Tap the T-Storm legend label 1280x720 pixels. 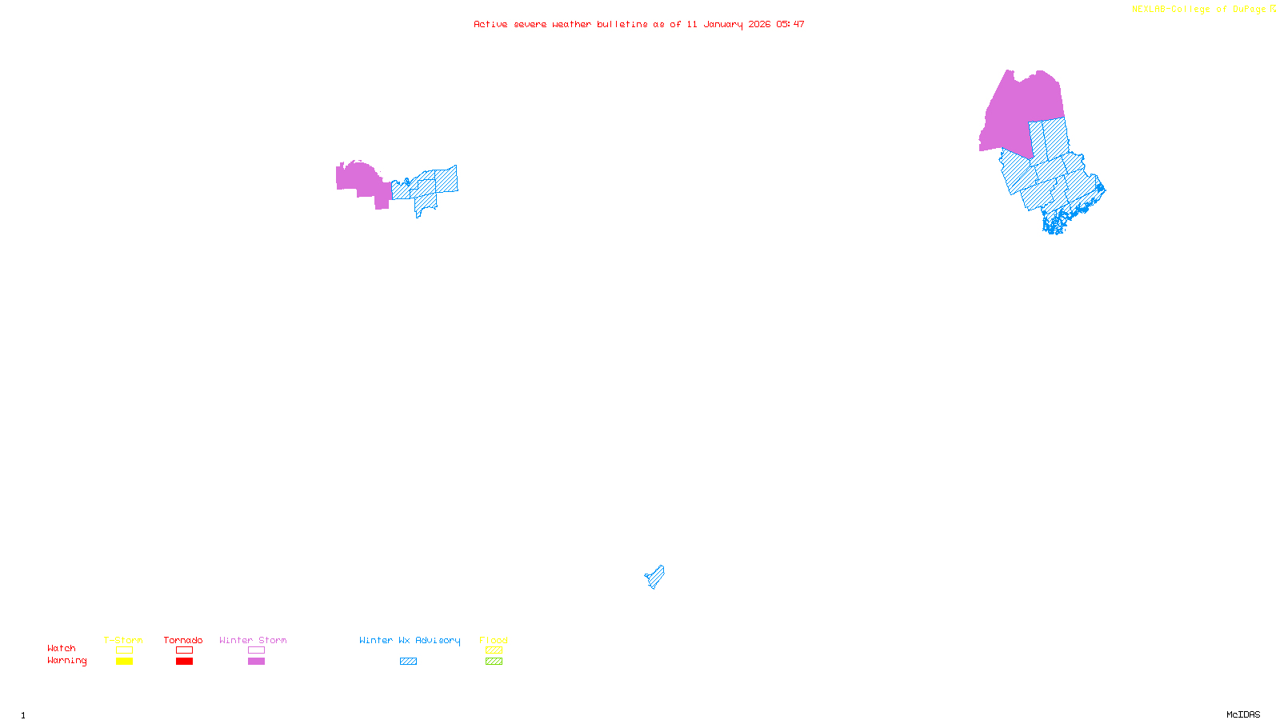[123, 640]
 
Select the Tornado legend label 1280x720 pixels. [183, 640]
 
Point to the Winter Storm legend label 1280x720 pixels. [253, 640]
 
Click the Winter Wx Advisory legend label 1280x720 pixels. [410, 640]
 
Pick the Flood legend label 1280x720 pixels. [494, 640]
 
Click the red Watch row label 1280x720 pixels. [62, 648]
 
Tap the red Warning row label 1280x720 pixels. [67, 661]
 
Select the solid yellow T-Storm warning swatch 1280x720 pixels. [124, 662]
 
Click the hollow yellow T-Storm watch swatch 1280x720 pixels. [124, 650]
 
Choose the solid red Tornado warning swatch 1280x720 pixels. [184, 662]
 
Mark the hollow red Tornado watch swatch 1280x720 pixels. [184, 650]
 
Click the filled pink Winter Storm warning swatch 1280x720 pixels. [256, 662]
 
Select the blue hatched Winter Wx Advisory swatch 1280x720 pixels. [408, 662]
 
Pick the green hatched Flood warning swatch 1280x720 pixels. [494, 662]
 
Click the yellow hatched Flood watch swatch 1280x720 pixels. [494, 650]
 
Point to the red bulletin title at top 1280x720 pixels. [639, 24]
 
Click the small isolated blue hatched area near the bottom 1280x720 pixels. [655, 576]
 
